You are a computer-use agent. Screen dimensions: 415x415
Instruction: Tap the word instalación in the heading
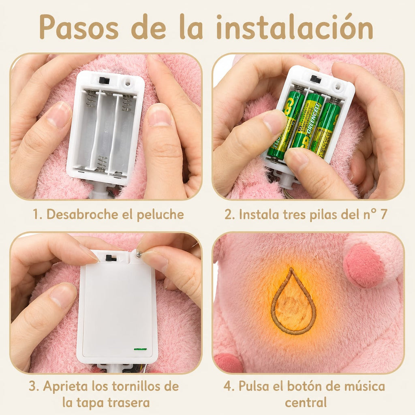coord(295,27)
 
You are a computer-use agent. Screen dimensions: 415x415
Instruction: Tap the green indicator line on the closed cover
coord(140,349)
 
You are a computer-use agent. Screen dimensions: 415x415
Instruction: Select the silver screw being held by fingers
coord(139,255)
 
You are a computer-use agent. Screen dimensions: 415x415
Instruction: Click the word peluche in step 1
coord(160,215)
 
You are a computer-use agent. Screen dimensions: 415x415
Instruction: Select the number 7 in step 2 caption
coord(383,214)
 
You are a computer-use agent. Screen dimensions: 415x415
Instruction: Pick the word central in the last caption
coord(306,402)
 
